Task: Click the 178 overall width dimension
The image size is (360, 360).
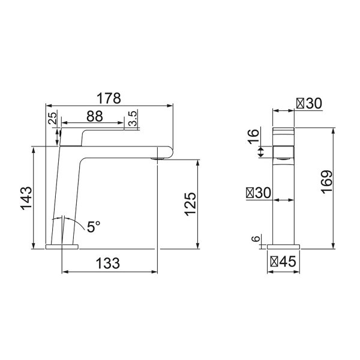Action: coord(109,98)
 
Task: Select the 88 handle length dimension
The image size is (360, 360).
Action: coord(95,116)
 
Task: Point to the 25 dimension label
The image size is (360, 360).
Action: coord(53,118)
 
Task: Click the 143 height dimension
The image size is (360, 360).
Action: coord(26,199)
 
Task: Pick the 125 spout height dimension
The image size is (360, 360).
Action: coord(190,204)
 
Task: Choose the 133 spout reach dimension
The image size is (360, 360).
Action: coord(107,263)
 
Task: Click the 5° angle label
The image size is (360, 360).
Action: coord(94,227)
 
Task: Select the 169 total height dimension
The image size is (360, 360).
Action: coord(326,182)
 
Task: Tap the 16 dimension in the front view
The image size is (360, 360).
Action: coord(253,136)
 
